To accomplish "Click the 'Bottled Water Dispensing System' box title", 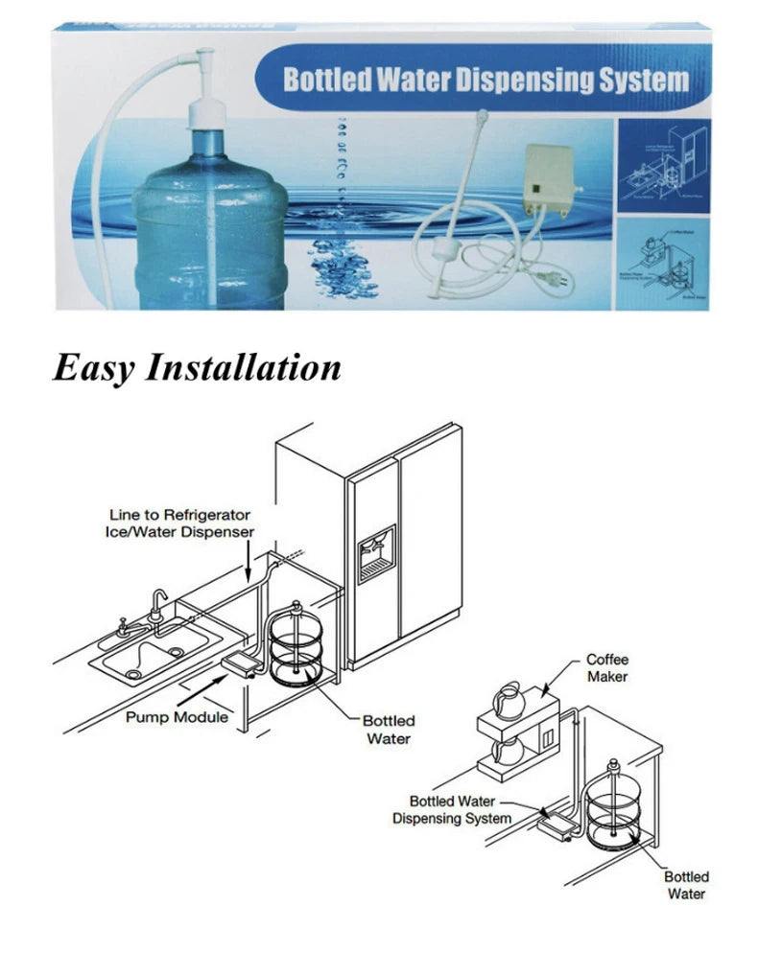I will pos(486,80).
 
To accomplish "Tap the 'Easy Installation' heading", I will pos(197,367).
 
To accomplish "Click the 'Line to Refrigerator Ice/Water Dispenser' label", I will pos(178,523).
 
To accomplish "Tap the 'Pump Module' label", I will pos(177,717).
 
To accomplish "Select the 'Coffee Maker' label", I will pos(606,668).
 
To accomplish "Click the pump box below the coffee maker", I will pos(556,822).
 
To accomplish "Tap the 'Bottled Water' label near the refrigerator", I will pos(388,729).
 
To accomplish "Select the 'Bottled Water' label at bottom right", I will pos(686,885).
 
